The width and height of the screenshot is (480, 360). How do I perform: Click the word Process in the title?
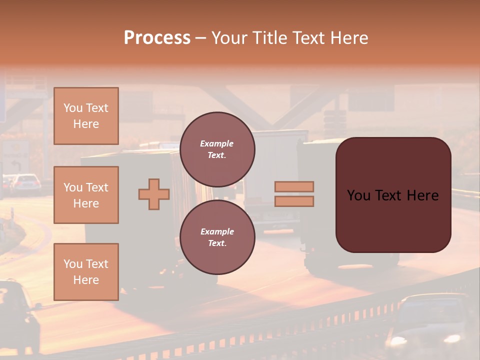point(157,38)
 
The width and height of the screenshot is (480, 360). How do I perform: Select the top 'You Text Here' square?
point(86,116)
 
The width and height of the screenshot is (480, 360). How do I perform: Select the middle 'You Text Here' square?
point(86,195)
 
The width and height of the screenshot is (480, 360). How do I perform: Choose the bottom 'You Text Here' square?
point(86,272)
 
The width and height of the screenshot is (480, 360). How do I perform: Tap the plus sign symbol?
point(154,194)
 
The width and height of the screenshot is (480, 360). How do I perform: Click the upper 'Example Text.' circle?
point(217,149)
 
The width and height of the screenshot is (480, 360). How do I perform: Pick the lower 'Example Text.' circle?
point(217,237)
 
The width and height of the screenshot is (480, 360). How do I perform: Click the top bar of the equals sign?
point(294,186)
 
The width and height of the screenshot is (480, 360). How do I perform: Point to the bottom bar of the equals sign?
point(294,201)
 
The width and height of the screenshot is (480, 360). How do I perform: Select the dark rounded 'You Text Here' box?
point(393,195)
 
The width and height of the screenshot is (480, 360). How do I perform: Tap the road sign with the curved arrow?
point(16,155)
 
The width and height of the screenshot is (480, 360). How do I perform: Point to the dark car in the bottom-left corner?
point(17,315)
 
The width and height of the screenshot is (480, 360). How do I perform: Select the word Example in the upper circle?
point(217,143)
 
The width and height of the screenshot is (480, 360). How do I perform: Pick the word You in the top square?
point(72,108)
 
